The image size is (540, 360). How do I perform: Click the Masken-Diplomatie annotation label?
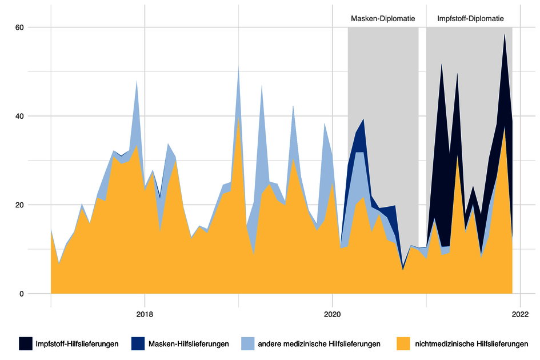[382, 18]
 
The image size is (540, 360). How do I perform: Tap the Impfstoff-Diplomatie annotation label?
[470, 18]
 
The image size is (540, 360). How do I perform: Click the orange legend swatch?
[403, 343]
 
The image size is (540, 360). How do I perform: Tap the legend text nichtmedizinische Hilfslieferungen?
[470, 343]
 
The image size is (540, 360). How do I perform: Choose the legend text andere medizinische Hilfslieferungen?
[319, 343]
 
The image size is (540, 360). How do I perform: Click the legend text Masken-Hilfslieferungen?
[189, 343]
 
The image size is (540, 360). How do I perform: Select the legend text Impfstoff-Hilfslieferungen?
[78, 343]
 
